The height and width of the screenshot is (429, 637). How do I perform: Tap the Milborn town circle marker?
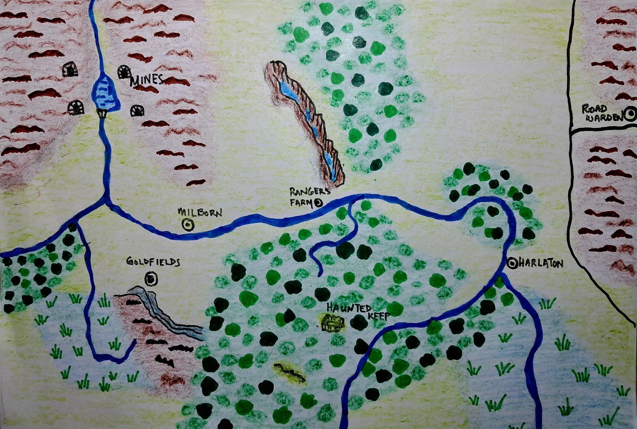coord(188,225)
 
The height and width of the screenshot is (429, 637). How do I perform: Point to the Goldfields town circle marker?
coord(151,279)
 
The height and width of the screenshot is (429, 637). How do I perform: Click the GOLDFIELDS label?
coord(153,262)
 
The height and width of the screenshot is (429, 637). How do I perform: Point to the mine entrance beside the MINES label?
coord(124,72)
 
